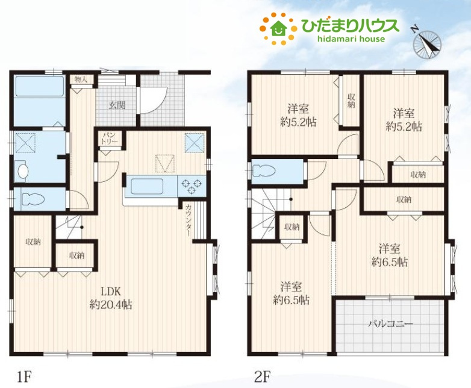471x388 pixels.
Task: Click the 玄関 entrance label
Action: coord(117,105)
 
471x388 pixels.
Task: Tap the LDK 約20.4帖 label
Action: coord(111,298)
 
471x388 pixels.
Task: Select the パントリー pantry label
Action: coord(110,138)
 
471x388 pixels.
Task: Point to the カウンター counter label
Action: coord(189,220)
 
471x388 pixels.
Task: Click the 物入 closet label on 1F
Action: coord(81,80)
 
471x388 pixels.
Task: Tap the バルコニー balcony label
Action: coord(391,324)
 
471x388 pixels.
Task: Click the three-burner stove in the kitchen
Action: coord(192,186)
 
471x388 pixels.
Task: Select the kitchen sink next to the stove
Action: coord(148,186)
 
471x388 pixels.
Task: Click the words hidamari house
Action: coord(351,39)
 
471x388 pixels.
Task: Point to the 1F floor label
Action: coord(23,377)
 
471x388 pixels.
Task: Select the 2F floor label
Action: coord(262,377)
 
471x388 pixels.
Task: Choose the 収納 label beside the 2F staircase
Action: coord(292,227)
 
